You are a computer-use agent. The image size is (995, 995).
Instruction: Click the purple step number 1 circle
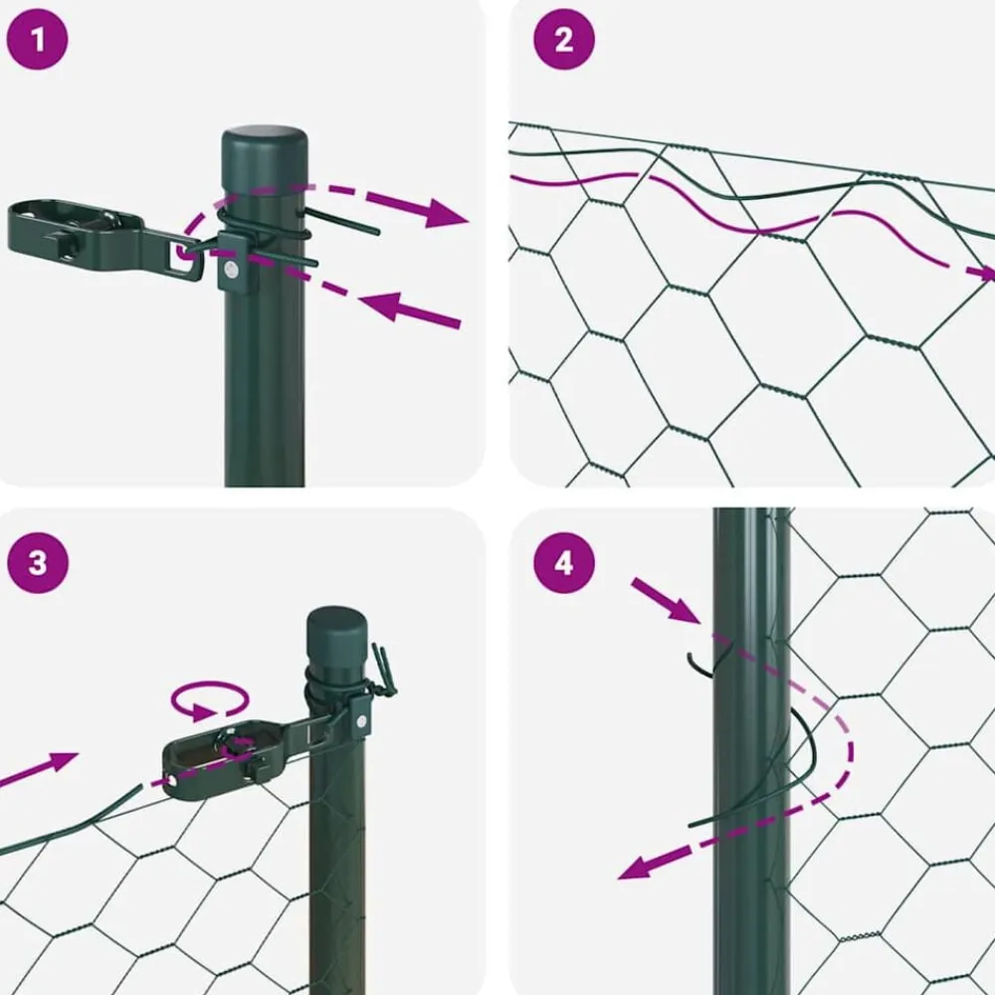click(x=37, y=40)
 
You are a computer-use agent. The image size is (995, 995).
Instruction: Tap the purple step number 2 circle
click(x=564, y=40)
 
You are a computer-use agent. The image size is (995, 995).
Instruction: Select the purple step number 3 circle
click(x=38, y=563)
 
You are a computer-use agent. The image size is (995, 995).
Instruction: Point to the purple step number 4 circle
click(x=564, y=563)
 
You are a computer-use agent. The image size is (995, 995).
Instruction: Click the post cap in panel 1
click(x=264, y=158)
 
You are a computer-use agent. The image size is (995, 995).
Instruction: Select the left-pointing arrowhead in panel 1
click(x=380, y=305)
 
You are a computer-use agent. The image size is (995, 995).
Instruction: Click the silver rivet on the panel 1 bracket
click(x=232, y=271)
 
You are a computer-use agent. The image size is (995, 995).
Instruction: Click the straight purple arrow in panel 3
click(x=39, y=768)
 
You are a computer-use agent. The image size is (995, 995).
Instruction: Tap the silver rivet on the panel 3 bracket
click(x=361, y=721)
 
